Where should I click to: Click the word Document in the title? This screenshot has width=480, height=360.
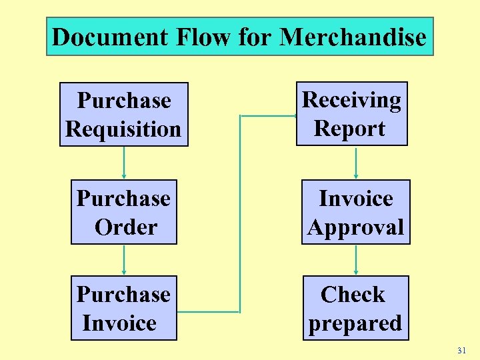click(x=111, y=37)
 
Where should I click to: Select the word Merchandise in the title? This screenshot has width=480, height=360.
click(x=353, y=37)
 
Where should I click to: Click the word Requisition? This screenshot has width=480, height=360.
click(x=123, y=129)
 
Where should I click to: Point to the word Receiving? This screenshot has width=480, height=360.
click(x=352, y=100)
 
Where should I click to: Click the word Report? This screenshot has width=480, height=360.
click(x=350, y=129)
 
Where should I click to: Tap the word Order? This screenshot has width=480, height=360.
click(x=125, y=227)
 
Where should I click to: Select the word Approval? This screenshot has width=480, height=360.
click(x=355, y=227)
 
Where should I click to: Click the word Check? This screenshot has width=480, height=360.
click(x=353, y=294)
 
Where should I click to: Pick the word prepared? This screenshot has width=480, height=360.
click(x=355, y=323)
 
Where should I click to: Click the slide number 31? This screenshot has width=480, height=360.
click(x=462, y=350)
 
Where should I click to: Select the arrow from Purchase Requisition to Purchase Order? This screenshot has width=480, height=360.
click(x=124, y=163)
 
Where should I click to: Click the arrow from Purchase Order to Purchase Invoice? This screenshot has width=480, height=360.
click(x=124, y=260)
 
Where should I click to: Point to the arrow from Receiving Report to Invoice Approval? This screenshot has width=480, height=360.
click(x=355, y=163)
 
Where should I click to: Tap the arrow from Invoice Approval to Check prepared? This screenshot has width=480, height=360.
click(x=355, y=260)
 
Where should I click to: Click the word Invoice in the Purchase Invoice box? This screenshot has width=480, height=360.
click(x=119, y=323)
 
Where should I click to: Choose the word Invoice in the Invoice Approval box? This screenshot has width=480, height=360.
click(x=356, y=198)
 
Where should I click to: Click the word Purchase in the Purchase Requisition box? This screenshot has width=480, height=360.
click(x=124, y=100)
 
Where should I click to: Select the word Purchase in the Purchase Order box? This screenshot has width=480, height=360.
click(x=124, y=198)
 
